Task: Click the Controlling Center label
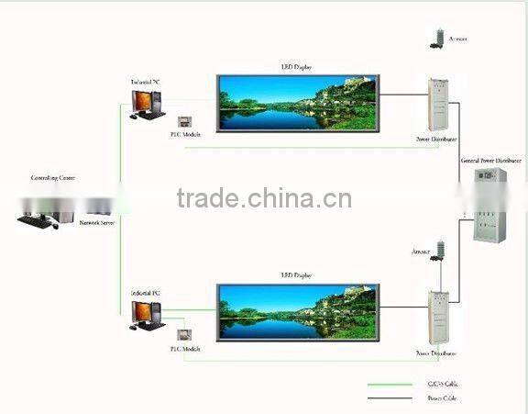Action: (x=51, y=178)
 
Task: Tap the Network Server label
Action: (x=96, y=223)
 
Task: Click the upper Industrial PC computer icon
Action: (x=148, y=104)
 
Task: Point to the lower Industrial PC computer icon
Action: (x=147, y=313)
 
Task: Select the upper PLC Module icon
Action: (x=183, y=122)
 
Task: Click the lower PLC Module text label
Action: (x=184, y=349)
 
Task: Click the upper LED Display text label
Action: (x=296, y=67)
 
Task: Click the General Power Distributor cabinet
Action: (x=488, y=207)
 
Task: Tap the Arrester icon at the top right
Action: (x=439, y=38)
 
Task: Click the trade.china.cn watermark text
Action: (x=263, y=198)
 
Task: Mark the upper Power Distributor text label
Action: (x=436, y=139)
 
